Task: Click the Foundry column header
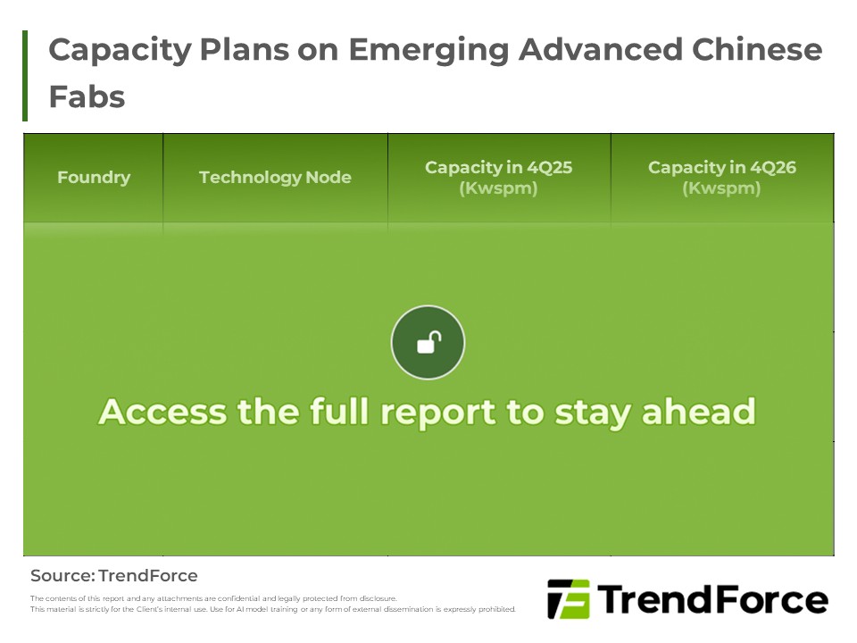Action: pos(94,177)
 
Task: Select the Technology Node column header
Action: pos(275,177)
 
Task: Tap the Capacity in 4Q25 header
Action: pos(498,167)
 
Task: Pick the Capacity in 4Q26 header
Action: pos(721,167)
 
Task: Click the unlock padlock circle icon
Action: pos(428,342)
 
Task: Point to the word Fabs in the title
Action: pos(87,96)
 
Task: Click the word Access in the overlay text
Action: pos(162,412)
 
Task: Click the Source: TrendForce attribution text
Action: pos(114,576)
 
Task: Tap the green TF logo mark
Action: pos(568,599)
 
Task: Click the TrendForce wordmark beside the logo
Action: pos(711,599)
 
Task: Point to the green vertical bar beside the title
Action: pos(25,75)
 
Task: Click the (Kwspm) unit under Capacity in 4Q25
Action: pos(498,188)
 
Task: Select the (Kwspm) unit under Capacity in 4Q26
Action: pos(721,188)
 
